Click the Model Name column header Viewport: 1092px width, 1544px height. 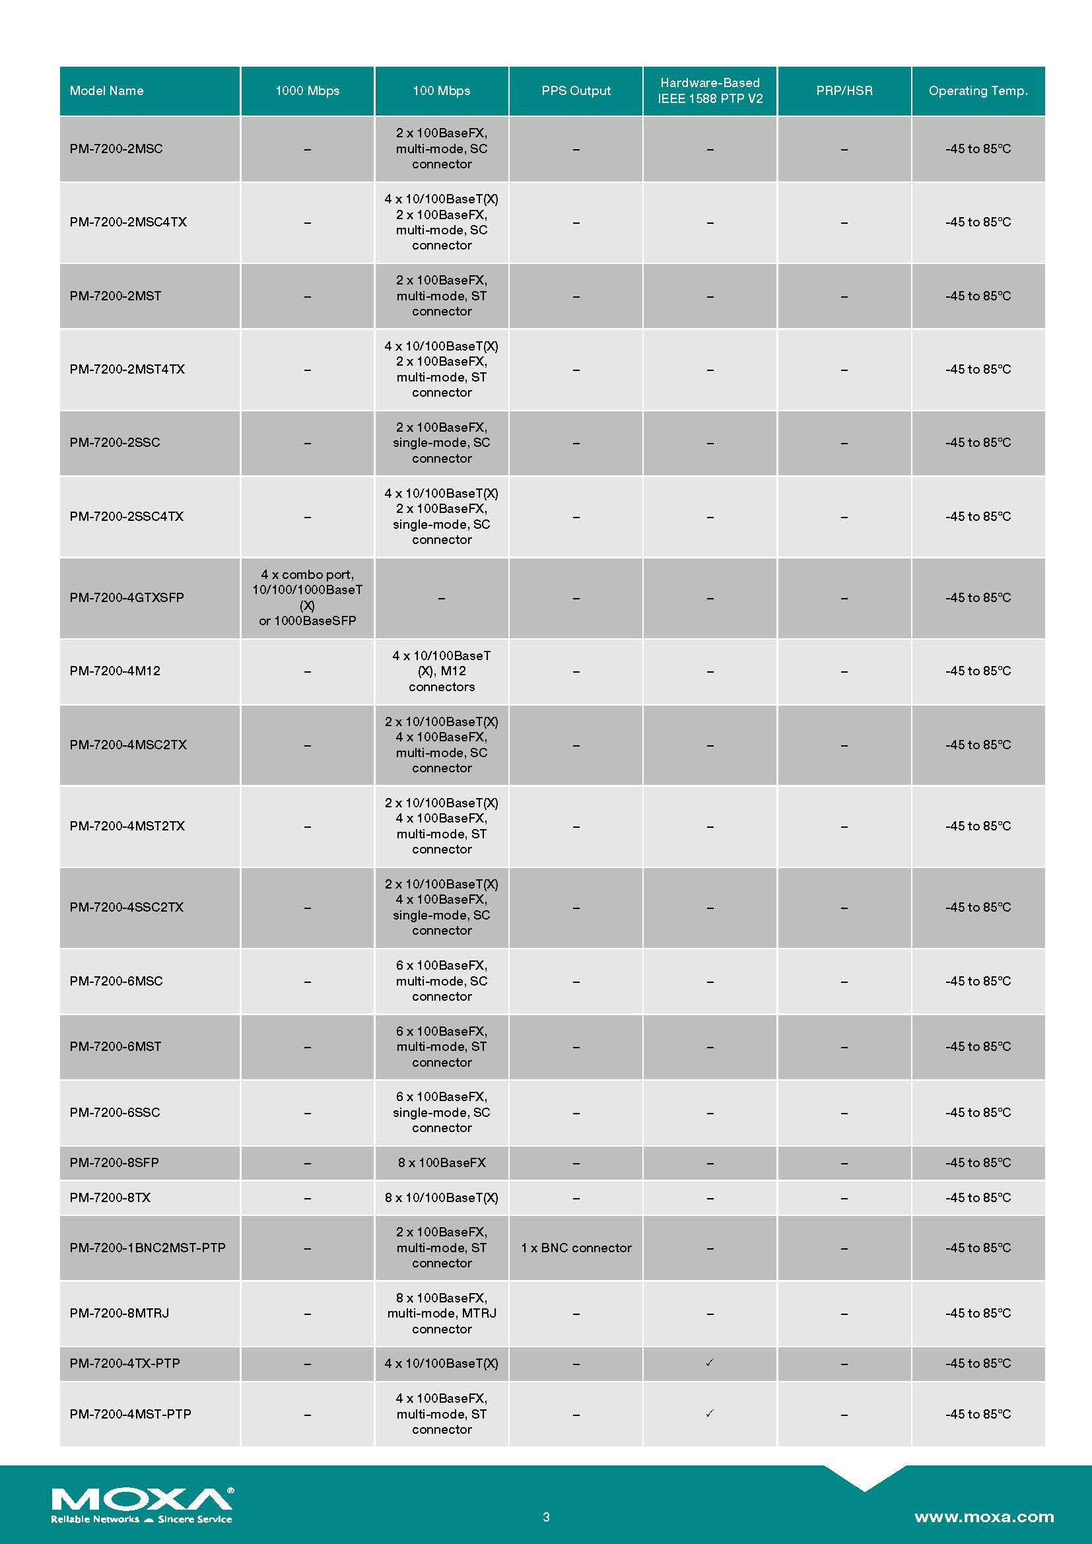(x=107, y=91)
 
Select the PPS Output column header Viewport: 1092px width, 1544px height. (x=576, y=91)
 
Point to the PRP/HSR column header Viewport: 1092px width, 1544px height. (x=844, y=91)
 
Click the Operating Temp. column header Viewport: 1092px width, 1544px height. (x=978, y=91)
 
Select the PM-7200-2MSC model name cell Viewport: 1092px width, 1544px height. (x=116, y=149)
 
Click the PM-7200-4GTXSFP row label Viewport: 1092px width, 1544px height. (x=126, y=597)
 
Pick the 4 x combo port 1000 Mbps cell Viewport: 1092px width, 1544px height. (x=307, y=597)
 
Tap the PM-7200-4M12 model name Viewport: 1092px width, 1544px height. (x=115, y=671)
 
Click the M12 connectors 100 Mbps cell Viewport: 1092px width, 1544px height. (x=442, y=671)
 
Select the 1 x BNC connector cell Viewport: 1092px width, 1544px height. (x=576, y=1248)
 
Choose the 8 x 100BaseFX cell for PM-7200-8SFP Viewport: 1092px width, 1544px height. (x=442, y=1162)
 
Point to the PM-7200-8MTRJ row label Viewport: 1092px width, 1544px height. (x=119, y=1313)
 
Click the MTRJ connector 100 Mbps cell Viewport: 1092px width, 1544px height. (x=442, y=1313)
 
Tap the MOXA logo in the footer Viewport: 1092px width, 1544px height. (x=142, y=1504)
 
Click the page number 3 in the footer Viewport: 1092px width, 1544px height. (x=546, y=1516)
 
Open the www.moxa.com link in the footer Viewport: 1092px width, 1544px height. (x=984, y=1516)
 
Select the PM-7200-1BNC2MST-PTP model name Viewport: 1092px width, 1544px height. (x=147, y=1248)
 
